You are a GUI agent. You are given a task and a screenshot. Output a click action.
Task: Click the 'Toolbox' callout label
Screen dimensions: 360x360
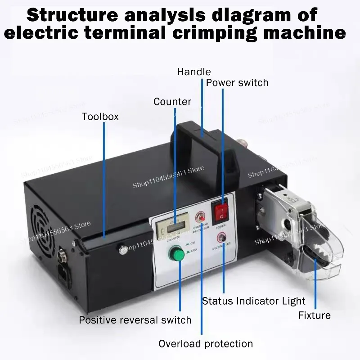coord(100,117)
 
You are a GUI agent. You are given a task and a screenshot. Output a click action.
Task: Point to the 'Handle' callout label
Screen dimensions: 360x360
coord(193,72)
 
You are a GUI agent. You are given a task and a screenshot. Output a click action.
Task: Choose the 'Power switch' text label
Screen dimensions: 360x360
coord(237,83)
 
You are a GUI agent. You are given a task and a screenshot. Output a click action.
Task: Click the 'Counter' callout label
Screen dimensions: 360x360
coord(172,102)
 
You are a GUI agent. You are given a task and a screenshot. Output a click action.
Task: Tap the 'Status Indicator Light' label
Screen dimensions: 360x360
coord(253,301)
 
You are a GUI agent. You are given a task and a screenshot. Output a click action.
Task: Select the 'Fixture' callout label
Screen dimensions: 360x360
coord(314,315)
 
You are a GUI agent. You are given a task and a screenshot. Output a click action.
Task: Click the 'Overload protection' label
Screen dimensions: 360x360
coord(205,344)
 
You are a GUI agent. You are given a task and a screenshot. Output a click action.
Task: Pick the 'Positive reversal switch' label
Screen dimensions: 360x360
coord(135,320)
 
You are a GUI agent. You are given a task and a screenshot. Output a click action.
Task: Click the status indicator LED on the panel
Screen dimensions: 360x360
coord(221,238)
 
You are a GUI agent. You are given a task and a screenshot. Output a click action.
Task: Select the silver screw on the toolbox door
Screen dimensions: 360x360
coord(121,247)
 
